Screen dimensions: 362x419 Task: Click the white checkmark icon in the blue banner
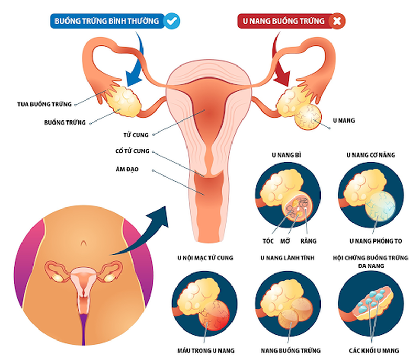point(171,21)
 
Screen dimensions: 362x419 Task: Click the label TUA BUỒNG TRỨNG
point(44,104)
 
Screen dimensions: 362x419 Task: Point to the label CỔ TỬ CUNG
point(134,151)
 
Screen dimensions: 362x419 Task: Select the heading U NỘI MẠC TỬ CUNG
point(205,258)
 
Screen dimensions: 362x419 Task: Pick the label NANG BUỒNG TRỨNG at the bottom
point(290,350)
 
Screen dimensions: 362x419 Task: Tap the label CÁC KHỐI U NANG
point(373,350)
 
